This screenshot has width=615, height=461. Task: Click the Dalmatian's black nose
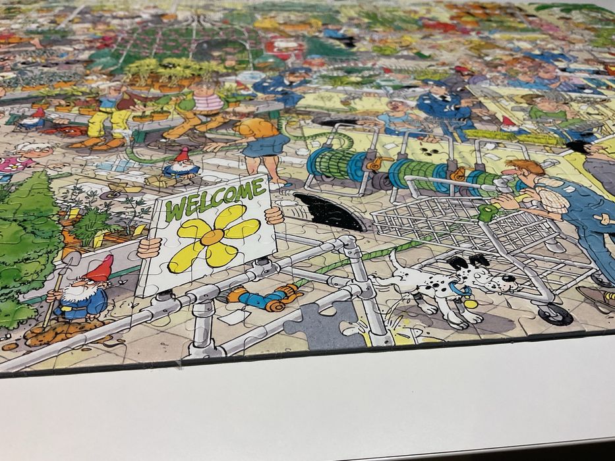coord(513,279)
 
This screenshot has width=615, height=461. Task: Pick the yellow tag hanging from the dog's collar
coord(471,304)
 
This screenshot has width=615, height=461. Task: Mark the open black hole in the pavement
coord(327,210)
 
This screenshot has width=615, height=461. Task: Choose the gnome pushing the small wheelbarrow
coord(181,165)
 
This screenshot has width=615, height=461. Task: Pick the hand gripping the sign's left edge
coord(150,248)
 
